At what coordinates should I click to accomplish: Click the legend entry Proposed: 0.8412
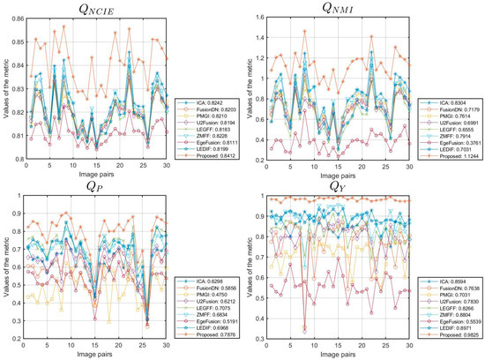(x=210, y=161)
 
